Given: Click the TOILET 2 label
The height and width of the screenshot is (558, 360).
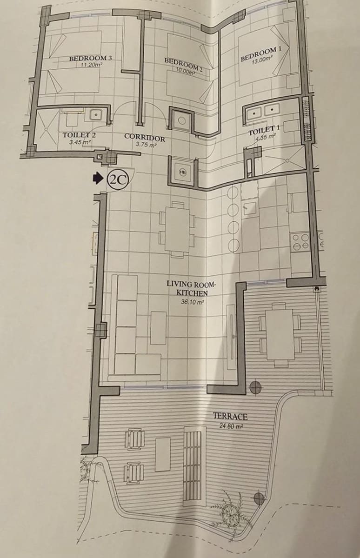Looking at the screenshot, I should tap(79, 135).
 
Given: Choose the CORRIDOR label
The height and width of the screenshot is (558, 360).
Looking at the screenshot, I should tap(145, 138).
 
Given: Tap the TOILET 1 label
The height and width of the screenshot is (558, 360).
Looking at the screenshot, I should tap(264, 130).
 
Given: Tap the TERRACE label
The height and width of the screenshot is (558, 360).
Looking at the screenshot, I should tap(230, 416).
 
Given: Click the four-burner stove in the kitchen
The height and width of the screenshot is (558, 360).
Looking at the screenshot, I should tap(300, 241).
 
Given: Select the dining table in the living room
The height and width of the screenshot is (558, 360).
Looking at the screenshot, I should tap(177, 229).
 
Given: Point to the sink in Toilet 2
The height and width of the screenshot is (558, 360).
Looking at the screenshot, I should tap(96, 115).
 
